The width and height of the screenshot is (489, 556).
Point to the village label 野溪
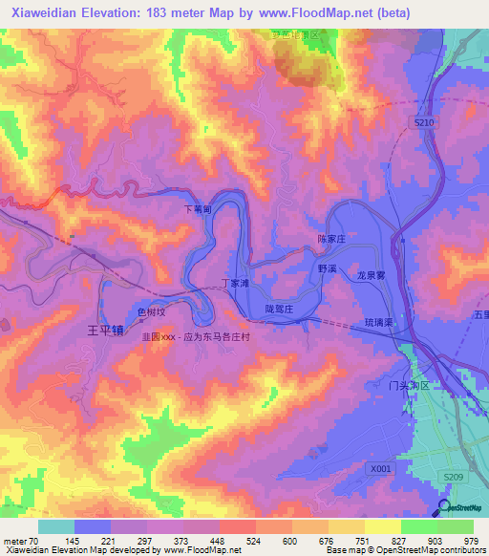(329, 270)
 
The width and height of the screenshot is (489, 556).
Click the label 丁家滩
(236, 284)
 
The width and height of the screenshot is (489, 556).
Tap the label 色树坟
(152, 311)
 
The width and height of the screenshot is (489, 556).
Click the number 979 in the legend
(470, 542)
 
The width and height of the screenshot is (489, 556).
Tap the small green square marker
(72, 237)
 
